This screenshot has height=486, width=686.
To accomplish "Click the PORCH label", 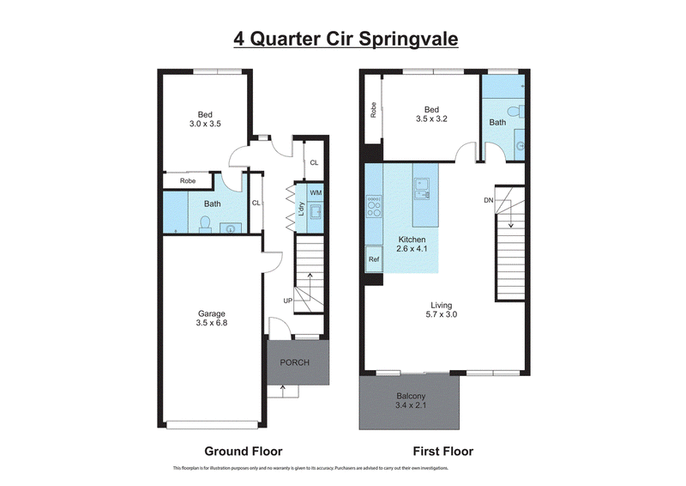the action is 294,362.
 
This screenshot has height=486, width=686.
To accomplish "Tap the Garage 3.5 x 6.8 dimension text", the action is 212,323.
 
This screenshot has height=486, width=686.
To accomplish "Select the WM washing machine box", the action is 316,193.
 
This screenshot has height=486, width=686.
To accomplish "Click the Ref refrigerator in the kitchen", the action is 374,259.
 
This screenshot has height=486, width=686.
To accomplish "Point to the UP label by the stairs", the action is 288,301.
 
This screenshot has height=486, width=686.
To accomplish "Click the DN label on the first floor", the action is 489,200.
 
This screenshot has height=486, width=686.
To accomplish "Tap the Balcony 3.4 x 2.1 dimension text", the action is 411,405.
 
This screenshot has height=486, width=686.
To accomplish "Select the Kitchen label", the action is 412,240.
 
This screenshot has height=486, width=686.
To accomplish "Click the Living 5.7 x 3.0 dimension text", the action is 441,314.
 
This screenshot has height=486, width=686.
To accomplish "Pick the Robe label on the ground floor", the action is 188,180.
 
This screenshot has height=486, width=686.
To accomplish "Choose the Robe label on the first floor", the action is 373,110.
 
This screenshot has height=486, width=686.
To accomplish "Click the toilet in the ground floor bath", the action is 205,223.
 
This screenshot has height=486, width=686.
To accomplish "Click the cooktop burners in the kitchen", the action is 374,207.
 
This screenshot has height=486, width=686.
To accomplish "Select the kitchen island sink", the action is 422,188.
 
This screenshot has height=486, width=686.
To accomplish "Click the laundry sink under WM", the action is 316,211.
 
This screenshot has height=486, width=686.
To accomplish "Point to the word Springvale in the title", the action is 408,39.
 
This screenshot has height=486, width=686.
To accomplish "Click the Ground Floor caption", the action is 244,451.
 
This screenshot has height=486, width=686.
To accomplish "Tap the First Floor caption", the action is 443,451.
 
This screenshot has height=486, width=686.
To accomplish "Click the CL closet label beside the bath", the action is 256,203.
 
